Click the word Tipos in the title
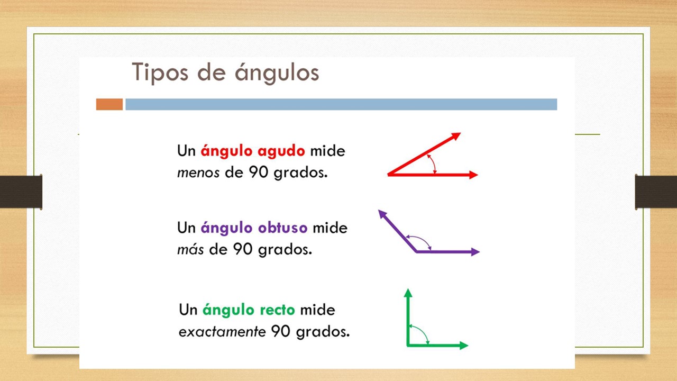pyautogui.click(x=160, y=72)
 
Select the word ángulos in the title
pyautogui.click(x=277, y=72)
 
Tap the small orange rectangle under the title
pyautogui.click(x=109, y=104)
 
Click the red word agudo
pyautogui.click(x=281, y=151)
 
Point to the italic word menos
pyautogui.click(x=198, y=173)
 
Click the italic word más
pyautogui.click(x=190, y=249)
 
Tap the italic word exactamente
pyautogui.click(x=222, y=331)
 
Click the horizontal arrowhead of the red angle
pyautogui.click(x=473, y=175)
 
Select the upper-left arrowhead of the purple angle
pyautogui.click(x=382, y=214)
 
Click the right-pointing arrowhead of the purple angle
pyautogui.click(x=475, y=251)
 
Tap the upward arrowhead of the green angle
pyautogui.click(x=408, y=293)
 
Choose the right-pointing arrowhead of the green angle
pyautogui.click(x=464, y=346)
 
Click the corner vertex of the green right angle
pyautogui.click(x=408, y=345)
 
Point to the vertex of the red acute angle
pyautogui.click(x=389, y=175)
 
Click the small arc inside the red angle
pyautogui.click(x=434, y=164)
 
